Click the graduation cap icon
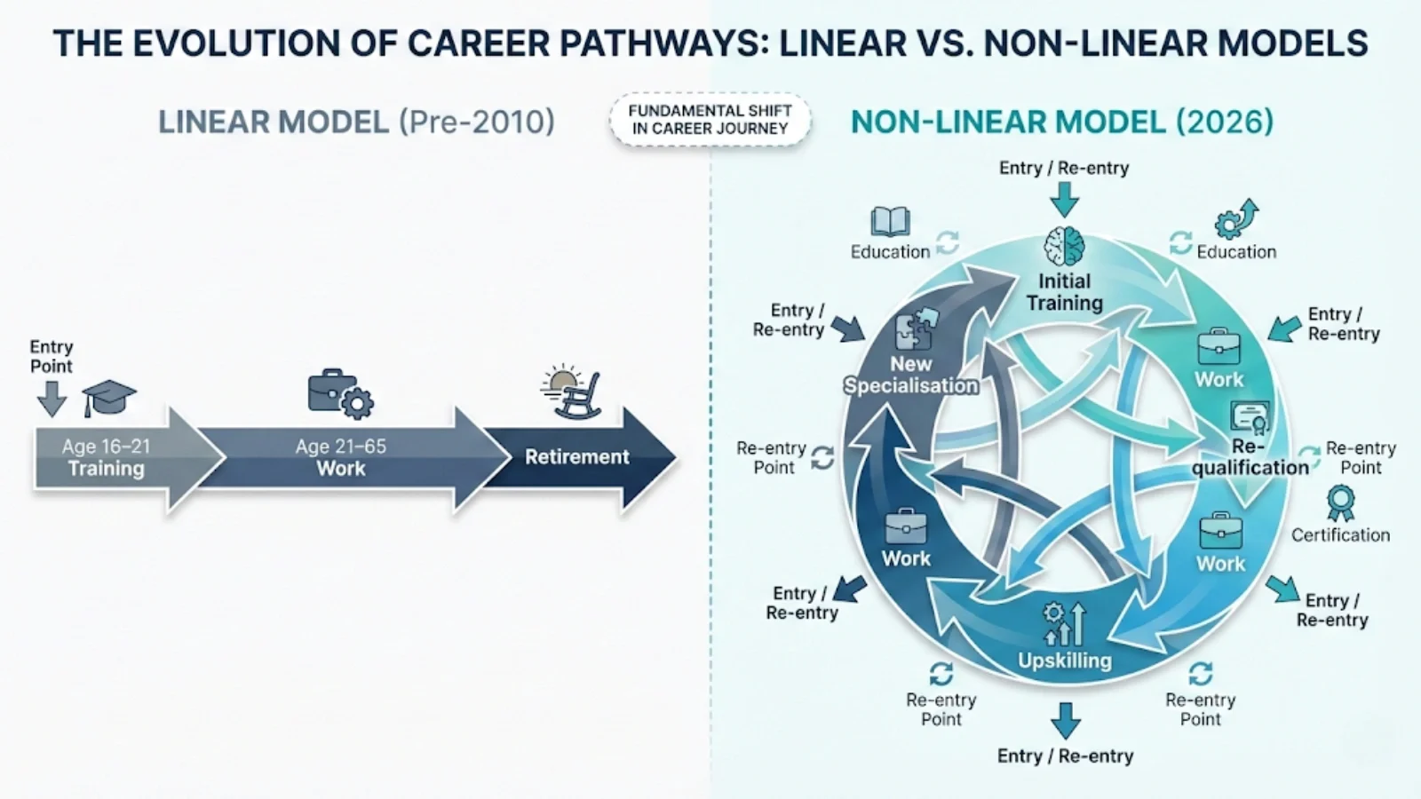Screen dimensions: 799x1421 [x=109, y=399]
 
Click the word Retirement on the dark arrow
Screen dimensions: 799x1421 [x=576, y=457]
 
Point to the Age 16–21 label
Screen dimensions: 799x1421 [x=106, y=447]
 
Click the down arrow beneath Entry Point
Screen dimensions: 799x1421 [x=52, y=399]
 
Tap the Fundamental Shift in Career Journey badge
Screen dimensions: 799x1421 [x=710, y=120]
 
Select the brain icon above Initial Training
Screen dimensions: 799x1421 [x=1064, y=247]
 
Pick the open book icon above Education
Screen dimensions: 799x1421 [x=890, y=222]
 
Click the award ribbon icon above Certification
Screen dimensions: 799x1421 [x=1340, y=503]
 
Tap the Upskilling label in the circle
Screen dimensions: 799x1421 [x=1064, y=661]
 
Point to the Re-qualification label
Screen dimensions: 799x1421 [x=1250, y=456]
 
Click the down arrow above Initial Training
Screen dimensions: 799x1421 [x=1064, y=199]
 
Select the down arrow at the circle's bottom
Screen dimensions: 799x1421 [x=1065, y=720]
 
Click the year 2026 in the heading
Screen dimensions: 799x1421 [x=1225, y=122]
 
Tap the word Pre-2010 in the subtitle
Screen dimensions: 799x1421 [x=476, y=122]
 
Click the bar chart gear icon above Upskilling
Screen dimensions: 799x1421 [x=1064, y=624]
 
